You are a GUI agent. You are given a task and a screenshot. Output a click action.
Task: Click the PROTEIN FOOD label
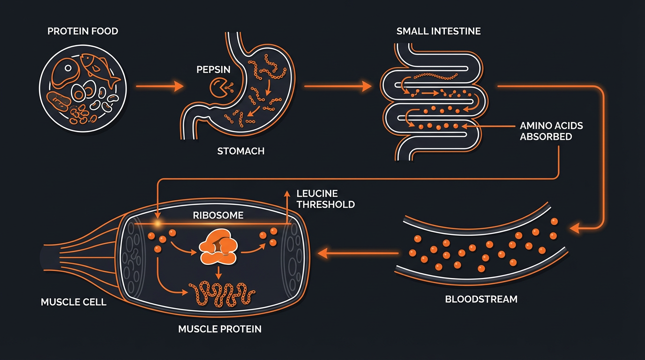tap(82, 31)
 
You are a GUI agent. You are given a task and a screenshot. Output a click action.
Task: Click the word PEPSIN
tap(213, 69)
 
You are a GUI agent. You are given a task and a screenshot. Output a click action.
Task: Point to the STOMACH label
tap(240, 151)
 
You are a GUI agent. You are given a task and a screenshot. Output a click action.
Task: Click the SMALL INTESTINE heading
tap(438, 31)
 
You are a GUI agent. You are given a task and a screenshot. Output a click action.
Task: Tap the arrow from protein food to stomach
tap(159, 86)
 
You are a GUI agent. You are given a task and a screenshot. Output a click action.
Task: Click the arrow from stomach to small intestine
tap(337, 86)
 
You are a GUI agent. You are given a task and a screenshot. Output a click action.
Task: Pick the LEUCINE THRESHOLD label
tap(325, 199)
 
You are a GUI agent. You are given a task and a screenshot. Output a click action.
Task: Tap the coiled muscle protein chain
tap(221, 294)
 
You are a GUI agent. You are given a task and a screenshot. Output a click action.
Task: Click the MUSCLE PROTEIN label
tap(220, 329)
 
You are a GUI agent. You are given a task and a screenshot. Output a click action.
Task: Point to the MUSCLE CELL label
tap(74, 302)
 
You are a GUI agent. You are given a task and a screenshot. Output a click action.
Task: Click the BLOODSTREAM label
tap(481, 299)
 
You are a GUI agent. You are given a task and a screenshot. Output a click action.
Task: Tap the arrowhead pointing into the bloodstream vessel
tap(574, 228)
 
